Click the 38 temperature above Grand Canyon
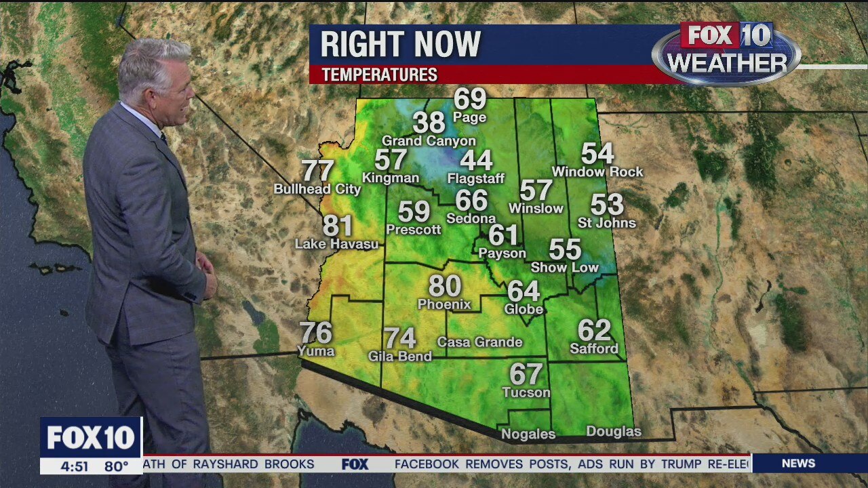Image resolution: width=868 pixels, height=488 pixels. tap(429, 123)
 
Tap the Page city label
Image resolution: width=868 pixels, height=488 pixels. tap(470, 117)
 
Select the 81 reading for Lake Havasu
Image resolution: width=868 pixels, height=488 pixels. tap(338, 226)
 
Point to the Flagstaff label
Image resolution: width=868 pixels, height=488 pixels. tap(476, 179)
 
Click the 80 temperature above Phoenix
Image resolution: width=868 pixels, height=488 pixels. tap(444, 286)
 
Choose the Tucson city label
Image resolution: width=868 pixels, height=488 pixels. tap(526, 392)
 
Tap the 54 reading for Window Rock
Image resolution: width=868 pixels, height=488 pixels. tap(597, 154)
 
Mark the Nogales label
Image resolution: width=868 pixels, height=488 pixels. tap(528, 434)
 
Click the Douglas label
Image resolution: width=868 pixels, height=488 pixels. tap(613, 432)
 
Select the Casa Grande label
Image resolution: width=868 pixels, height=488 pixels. tap(479, 342)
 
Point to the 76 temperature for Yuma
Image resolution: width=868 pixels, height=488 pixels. tap(316, 333)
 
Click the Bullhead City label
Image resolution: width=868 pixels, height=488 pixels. tap(317, 189)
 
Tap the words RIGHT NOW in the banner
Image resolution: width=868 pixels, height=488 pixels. tap(400, 45)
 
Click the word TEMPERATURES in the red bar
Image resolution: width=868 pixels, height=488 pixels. tap(379, 75)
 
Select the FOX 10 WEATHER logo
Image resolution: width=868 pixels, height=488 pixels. tap(726, 53)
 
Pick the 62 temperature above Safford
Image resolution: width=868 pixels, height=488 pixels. tap(594, 330)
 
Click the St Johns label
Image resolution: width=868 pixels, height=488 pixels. tap(607, 223)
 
